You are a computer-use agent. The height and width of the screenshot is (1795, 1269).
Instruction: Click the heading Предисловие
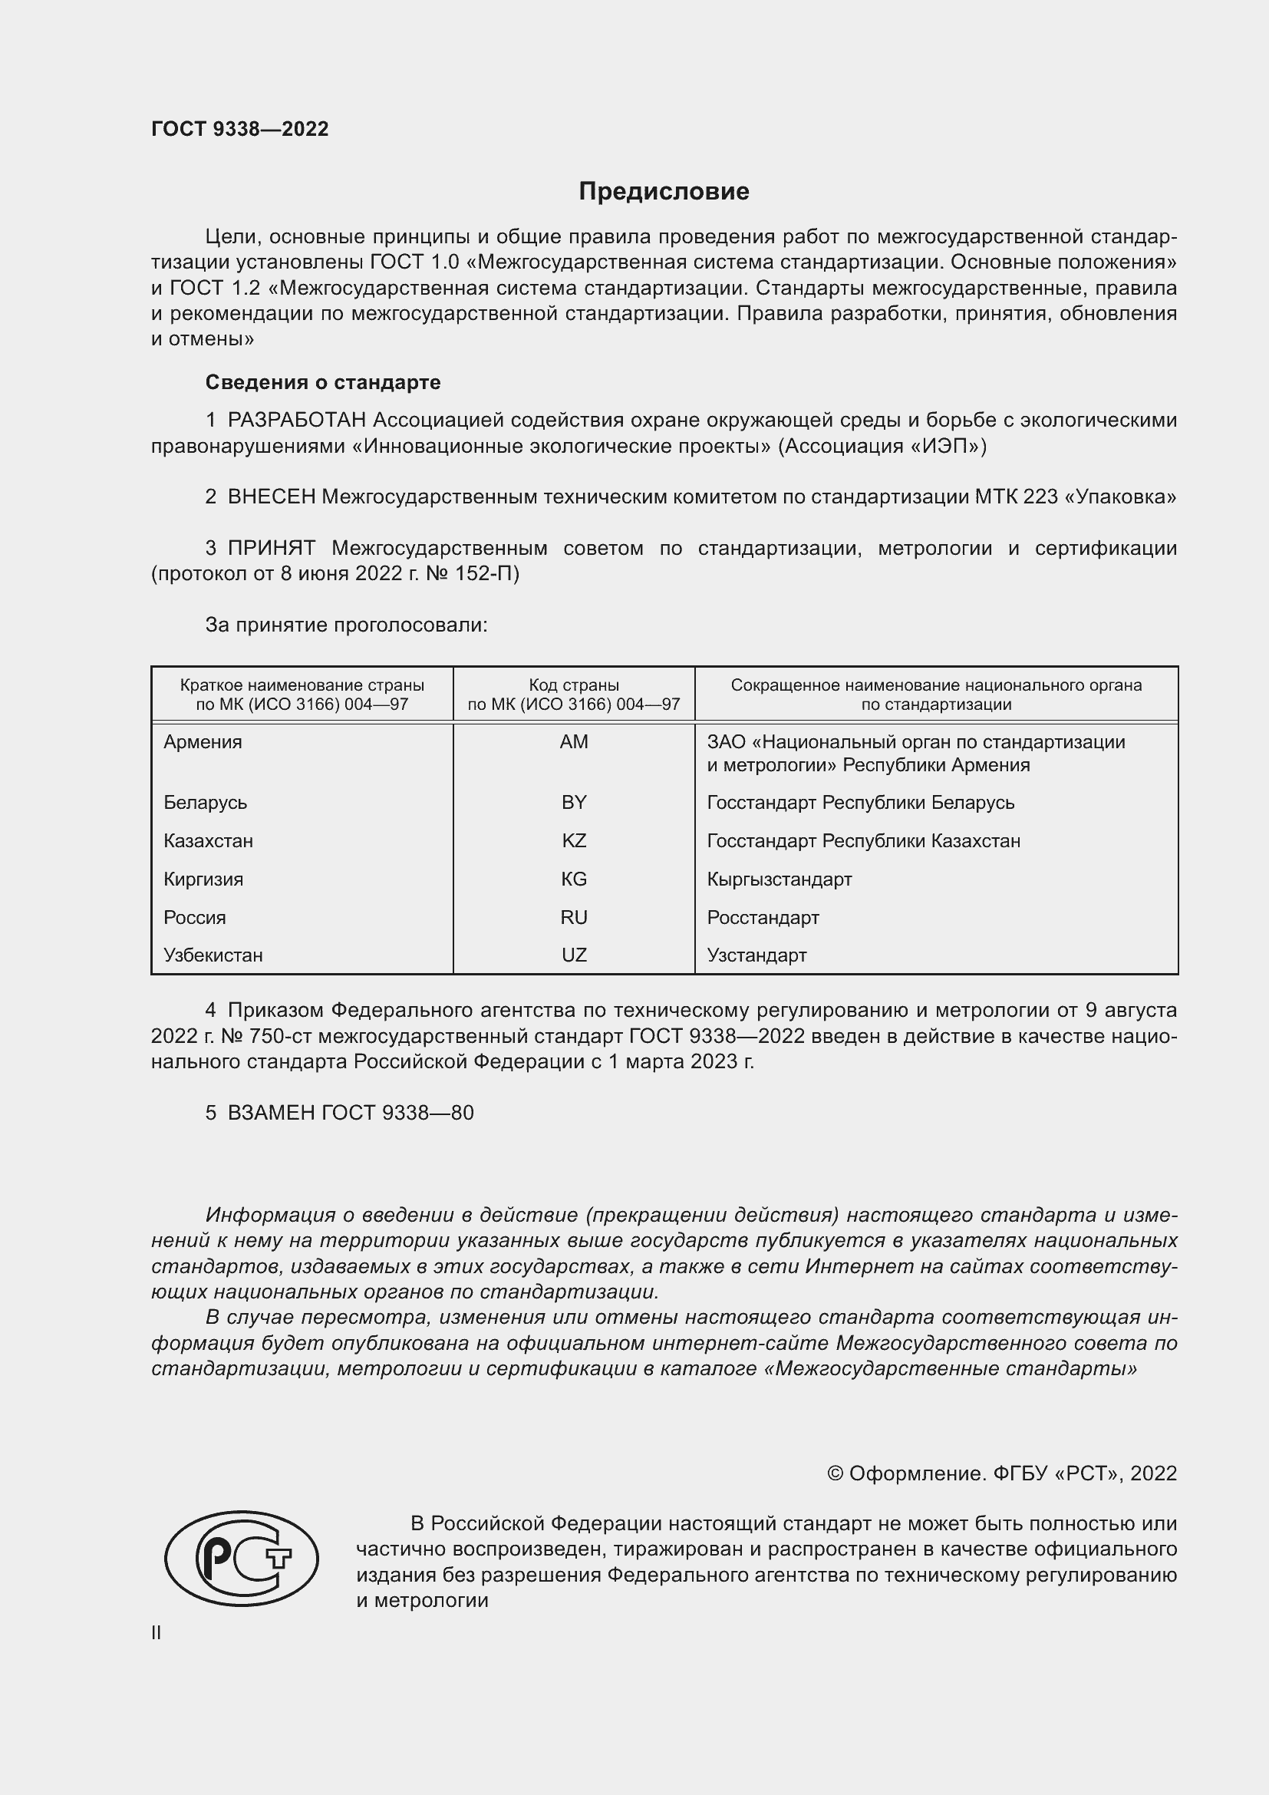[664, 192]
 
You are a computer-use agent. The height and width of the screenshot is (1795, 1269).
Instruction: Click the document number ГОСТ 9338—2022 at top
[240, 129]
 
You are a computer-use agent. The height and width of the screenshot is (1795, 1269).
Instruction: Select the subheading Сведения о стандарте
[323, 382]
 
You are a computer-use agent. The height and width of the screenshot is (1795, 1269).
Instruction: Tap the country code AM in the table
[574, 742]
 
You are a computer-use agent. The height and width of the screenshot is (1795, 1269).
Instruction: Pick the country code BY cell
[574, 803]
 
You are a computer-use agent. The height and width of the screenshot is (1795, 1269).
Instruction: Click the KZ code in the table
[574, 841]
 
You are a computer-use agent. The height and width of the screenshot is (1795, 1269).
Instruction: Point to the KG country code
[574, 879]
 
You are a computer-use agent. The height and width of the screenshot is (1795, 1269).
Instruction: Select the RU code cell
[574, 918]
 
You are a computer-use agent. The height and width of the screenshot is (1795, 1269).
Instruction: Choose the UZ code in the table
[574, 955]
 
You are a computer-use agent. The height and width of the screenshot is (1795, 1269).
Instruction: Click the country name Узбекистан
[213, 955]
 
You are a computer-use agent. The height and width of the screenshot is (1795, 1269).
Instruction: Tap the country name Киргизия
[203, 879]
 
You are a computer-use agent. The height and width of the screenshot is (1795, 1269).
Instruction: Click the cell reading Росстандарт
[763, 918]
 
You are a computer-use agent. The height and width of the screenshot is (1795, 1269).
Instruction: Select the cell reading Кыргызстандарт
[779, 879]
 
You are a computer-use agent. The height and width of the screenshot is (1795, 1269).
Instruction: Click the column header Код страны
[574, 685]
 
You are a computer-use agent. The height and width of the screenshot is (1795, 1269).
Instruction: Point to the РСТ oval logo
[242, 1558]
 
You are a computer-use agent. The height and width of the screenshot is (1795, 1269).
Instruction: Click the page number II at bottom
[157, 1632]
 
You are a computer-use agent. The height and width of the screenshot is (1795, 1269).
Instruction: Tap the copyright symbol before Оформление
[835, 1473]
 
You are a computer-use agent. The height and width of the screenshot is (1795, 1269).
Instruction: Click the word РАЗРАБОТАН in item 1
[297, 421]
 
